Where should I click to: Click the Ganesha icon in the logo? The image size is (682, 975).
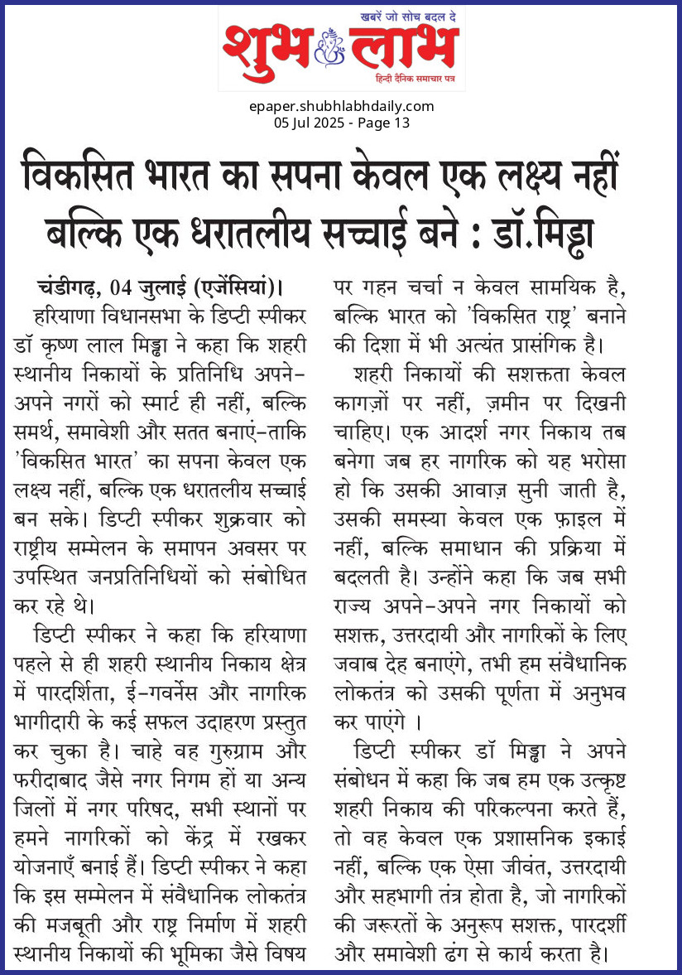[x=342, y=49]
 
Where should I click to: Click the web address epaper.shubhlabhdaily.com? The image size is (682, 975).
[x=341, y=106]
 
